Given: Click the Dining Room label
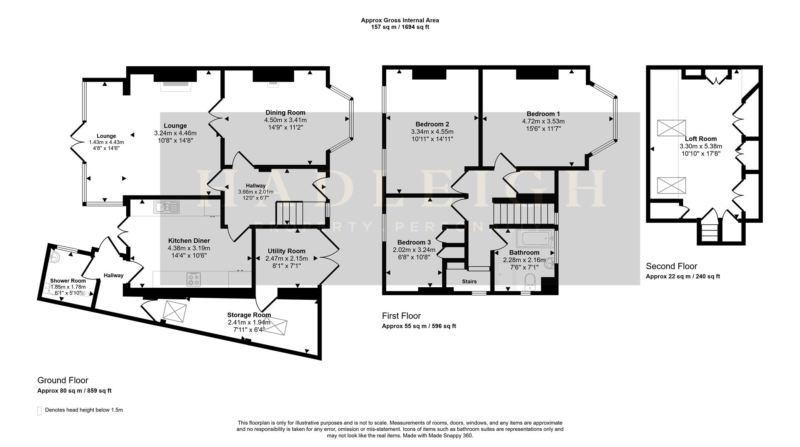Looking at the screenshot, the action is [285, 113].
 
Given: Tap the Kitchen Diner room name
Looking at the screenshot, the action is [189, 241].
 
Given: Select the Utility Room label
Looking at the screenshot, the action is [286, 251].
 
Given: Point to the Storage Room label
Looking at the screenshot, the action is [249, 315].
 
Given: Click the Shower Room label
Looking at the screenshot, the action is [68, 281].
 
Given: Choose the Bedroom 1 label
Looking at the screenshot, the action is [543, 114].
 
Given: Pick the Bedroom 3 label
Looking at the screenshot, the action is [414, 242].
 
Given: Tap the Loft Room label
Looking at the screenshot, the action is [701, 139].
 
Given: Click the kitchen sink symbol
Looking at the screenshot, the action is [166, 207].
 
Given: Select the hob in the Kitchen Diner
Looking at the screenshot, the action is [194, 279].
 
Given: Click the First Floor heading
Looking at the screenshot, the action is [401, 316].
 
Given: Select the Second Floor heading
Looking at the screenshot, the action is [671, 266].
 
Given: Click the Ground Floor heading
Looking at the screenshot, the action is [63, 380].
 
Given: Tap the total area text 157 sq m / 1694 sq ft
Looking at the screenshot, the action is [400, 27].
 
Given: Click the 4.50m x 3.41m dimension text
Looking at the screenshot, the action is [285, 120].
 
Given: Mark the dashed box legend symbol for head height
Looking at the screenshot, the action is [40, 411].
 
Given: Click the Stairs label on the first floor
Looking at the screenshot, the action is [469, 281].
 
